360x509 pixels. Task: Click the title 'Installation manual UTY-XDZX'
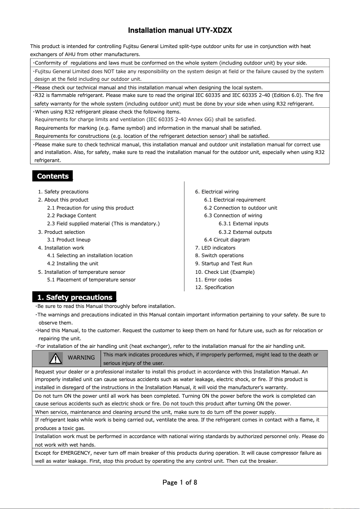tap(180, 31)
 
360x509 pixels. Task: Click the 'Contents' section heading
tap(53, 176)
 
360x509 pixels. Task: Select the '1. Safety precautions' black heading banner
tap(75, 298)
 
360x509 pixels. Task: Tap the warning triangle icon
tap(56, 358)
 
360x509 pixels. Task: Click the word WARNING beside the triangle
tap(81, 358)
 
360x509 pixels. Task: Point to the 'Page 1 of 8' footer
tap(180, 483)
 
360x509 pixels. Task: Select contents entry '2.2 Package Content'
tap(71, 215)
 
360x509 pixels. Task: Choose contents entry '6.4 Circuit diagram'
tap(227, 240)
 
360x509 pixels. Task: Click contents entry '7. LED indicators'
tap(215, 248)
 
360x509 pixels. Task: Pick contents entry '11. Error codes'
tap(213, 280)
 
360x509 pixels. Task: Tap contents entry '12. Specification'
tap(215, 287)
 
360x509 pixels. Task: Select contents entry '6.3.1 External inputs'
tap(243, 224)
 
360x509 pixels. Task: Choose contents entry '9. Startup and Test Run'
tap(224, 263)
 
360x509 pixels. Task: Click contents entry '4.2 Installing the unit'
tap(73, 263)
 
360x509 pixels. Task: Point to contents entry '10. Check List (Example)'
tap(224, 272)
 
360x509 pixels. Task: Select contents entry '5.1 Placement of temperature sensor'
tap(91, 280)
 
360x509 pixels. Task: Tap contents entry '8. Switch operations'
tap(220, 255)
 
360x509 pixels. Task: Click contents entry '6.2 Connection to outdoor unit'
tap(241, 208)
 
